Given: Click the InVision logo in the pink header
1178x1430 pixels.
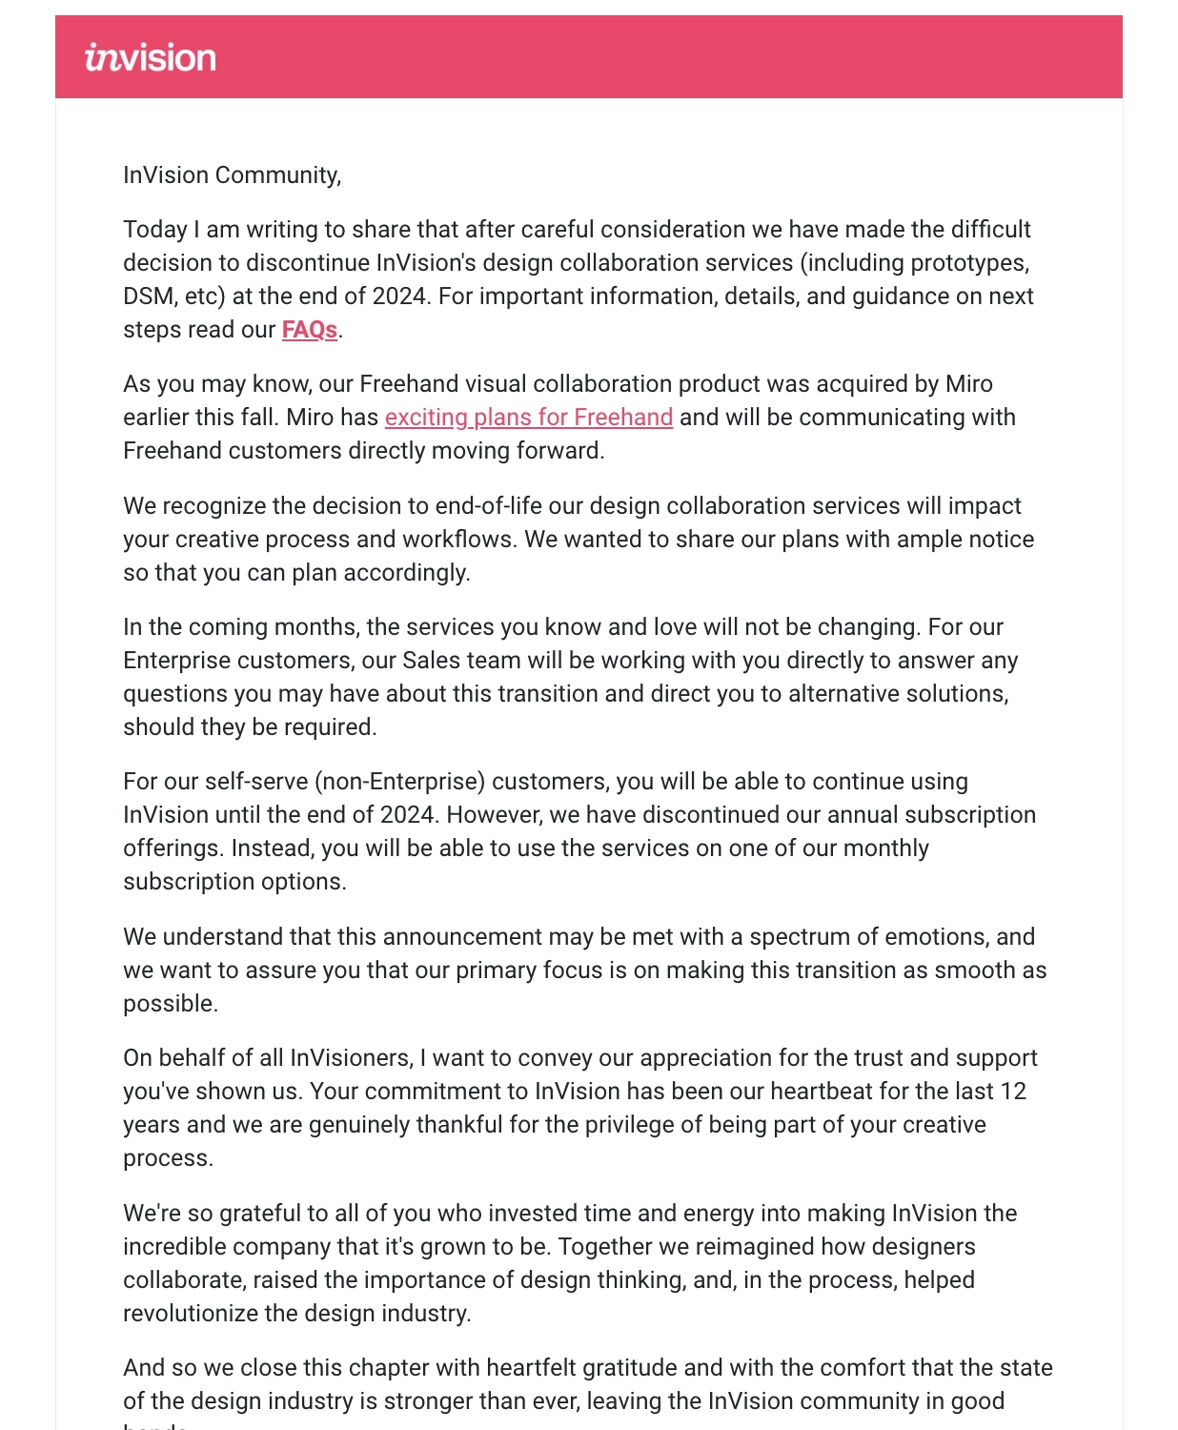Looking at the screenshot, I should tap(151, 57).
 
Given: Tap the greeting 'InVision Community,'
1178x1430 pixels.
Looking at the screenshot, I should tap(232, 175).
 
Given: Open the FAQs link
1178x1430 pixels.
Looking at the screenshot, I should tap(309, 330).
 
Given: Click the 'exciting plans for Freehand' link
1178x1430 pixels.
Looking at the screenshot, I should tap(529, 418).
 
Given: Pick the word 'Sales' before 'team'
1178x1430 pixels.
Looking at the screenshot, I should tap(432, 661).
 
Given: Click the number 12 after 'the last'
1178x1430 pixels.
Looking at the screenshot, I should tap(1013, 1092).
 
